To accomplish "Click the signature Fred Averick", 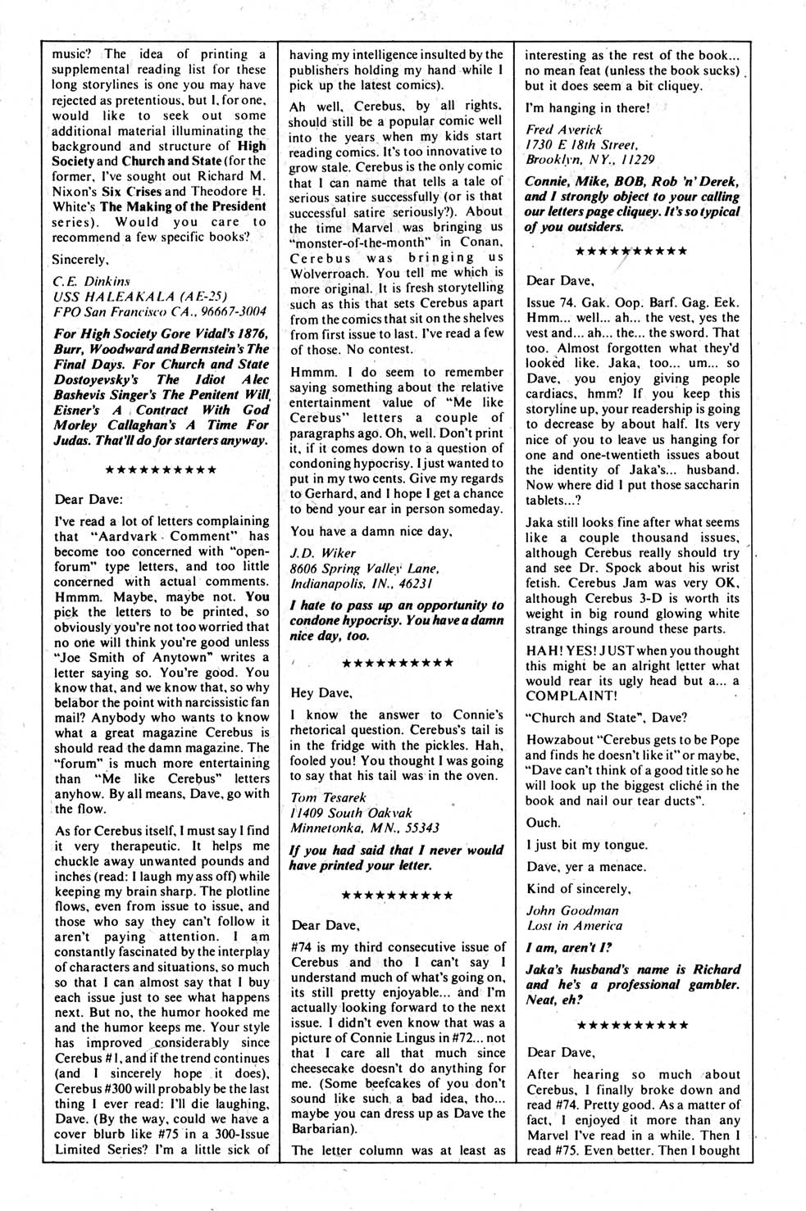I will pyautogui.click(x=564, y=129).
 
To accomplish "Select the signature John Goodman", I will pyautogui.click(x=572, y=910).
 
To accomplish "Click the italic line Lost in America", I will pyautogui.click(x=574, y=926).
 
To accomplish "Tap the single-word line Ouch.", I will pyautogui.click(x=543, y=823).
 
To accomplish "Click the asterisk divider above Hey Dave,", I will pyautogui.click(x=398, y=662).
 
